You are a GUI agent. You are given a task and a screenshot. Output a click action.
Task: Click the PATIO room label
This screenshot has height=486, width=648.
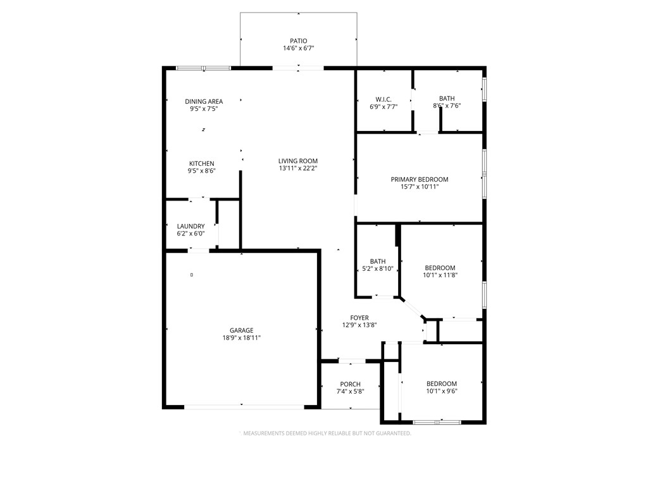pos(298,40)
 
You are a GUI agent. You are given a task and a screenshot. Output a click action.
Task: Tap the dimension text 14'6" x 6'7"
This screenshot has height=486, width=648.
pos(298,48)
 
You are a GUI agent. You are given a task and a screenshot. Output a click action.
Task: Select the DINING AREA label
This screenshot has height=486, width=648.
pos(204,101)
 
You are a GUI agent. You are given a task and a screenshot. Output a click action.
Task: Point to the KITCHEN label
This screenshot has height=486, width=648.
pos(201,163)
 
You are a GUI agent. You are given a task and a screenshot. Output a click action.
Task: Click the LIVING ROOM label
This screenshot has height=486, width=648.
pos(298,161)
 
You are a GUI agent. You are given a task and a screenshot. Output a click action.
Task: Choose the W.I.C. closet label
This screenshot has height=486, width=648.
pos(383,99)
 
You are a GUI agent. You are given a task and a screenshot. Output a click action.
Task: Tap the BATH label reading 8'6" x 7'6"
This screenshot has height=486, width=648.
pos(447,98)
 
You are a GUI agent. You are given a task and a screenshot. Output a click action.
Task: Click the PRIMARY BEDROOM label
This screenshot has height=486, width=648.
pos(420,179)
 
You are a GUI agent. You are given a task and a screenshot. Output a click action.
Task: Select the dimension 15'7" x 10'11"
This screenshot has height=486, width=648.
pos(420,187)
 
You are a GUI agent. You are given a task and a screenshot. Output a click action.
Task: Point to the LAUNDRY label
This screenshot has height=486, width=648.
pos(190,226)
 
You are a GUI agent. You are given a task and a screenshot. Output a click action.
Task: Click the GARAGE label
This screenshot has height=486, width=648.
pos(241,330)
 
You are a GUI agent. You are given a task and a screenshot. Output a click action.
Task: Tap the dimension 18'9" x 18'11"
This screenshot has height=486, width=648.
pos(241,338)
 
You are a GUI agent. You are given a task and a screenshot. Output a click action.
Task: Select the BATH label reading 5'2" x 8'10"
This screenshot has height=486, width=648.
pos(378,261)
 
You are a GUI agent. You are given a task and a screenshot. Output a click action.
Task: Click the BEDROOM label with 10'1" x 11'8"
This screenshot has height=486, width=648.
pos(440,268)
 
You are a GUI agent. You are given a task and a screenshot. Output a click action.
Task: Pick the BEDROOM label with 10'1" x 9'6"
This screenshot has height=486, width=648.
pos(441,383)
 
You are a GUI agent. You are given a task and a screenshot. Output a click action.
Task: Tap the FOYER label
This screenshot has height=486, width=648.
pos(359,318)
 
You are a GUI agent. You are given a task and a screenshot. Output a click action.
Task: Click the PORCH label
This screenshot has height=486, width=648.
pos(350,384)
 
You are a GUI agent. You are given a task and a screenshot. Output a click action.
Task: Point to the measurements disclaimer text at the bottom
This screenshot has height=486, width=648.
pos(325,433)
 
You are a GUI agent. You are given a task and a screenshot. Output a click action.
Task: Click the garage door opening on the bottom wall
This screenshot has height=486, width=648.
pos(244,406)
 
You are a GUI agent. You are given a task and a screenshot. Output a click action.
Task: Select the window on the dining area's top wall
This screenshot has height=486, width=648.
pos(203,68)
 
